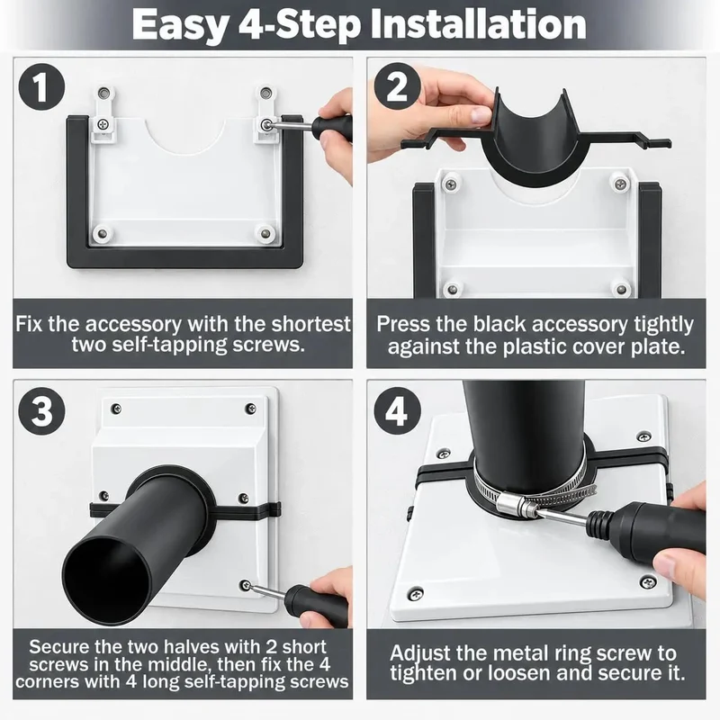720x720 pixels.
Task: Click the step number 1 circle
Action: click(x=41, y=86)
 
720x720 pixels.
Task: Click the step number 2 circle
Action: click(x=397, y=86)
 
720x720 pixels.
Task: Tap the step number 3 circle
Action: click(x=41, y=411)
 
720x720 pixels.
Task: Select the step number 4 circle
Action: click(x=397, y=411)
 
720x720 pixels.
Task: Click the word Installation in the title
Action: click(x=479, y=25)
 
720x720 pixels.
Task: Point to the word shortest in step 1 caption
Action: click(x=310, y=324)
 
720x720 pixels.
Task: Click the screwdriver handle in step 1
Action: click(x=332, y=128)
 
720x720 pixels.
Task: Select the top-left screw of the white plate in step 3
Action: click(x=117, y=408)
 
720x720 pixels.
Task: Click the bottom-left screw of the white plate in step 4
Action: click(x=415, y=595)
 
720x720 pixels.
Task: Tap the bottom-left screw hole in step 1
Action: click(x=102, y=233)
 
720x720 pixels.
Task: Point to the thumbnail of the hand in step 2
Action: click(x=480, y=115)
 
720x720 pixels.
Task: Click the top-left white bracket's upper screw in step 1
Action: click(x=104, y=94)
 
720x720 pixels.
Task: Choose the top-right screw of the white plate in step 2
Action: click(x=620, y=184)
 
